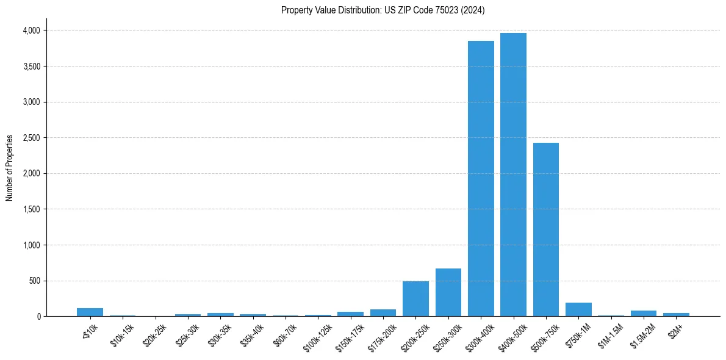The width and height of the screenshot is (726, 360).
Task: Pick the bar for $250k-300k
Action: [x=448, y=293]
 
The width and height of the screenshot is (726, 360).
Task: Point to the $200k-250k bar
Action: [x=415, y=299]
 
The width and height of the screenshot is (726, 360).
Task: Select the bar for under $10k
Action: [x=90, y=312]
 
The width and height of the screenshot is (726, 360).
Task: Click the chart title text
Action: [x=383, y=10]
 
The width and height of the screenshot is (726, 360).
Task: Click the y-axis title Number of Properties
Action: [x=10, y=168]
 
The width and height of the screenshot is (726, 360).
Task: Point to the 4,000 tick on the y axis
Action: [x=31, y=30]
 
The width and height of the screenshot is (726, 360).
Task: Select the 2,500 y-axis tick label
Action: [x=31, y=138]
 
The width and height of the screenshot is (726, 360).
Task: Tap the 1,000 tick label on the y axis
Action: [x=31, y=245]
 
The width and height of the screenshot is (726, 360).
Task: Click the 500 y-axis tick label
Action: [x=34, y=281]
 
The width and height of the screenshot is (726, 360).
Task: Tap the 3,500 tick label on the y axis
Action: [x=31, y=66]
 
